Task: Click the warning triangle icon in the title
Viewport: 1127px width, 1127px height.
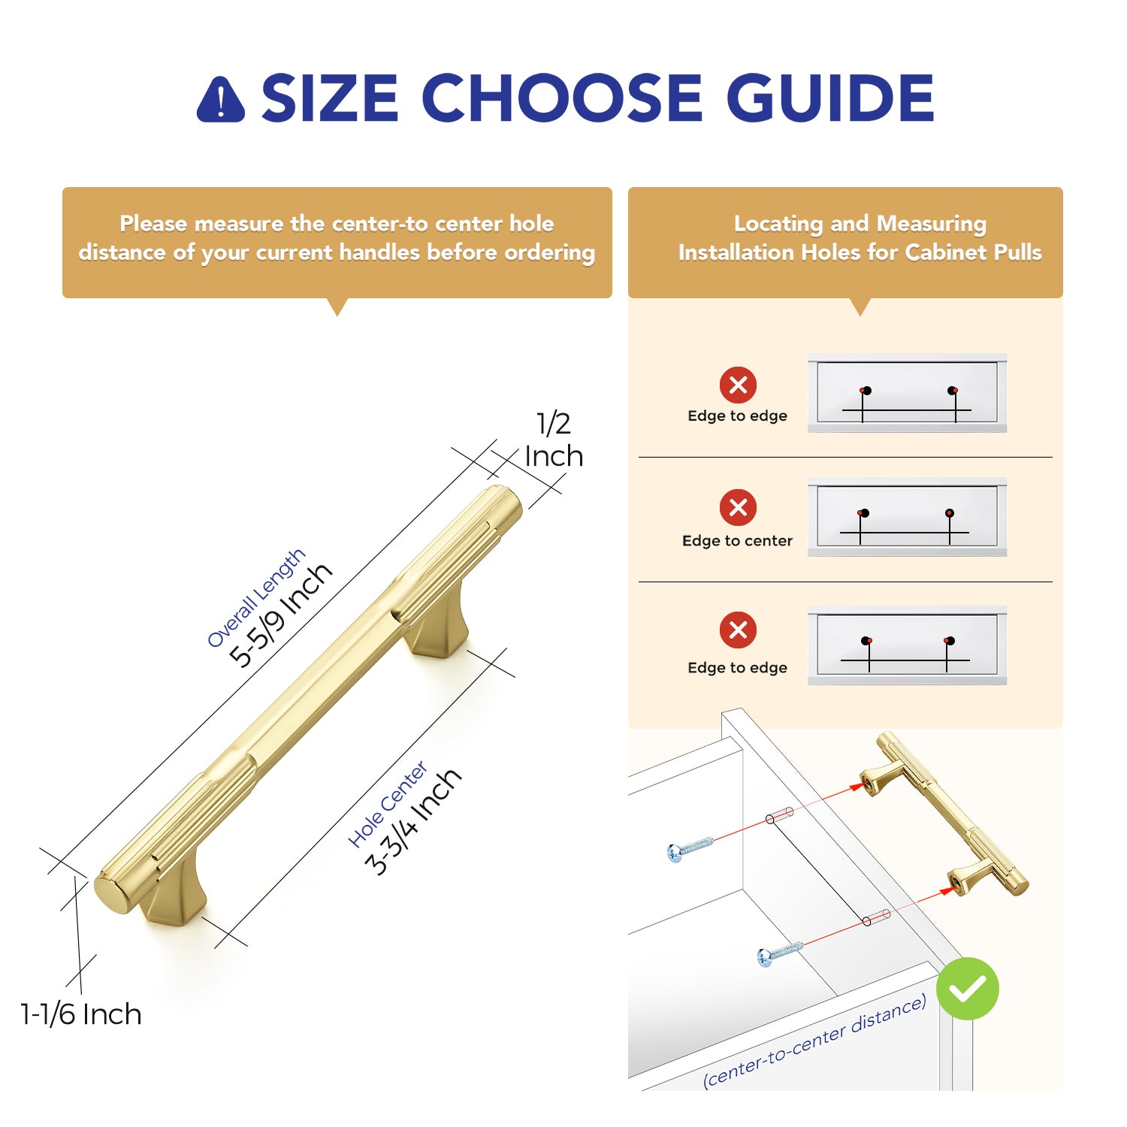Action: click(220, 99)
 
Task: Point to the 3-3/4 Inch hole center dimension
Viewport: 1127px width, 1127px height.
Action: click(412, 822)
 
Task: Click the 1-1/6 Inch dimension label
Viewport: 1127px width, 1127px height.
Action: click(81, 1014)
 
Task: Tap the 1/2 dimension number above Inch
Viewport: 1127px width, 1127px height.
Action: click(554, 424)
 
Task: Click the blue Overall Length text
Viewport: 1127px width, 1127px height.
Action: click(256, 597)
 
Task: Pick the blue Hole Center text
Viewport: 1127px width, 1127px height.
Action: click(388, 804)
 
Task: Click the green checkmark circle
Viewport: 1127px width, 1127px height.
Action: click(968, 989)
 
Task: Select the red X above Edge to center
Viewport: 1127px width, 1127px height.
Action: click(738, 507)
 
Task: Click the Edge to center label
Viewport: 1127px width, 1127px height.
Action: click(737, 541)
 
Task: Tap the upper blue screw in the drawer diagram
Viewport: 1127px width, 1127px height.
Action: click(690, 848)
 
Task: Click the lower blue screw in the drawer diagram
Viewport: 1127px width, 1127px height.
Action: click(781, 953)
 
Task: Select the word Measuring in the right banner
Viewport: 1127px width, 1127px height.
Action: click(932, 224)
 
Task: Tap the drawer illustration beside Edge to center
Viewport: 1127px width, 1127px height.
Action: click(907, 517)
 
